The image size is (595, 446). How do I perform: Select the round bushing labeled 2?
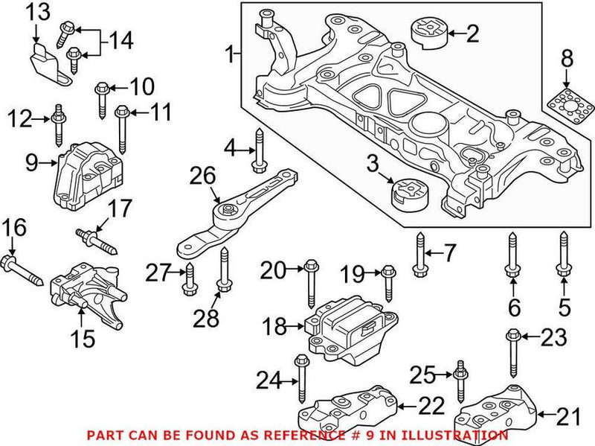click(427, 34)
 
